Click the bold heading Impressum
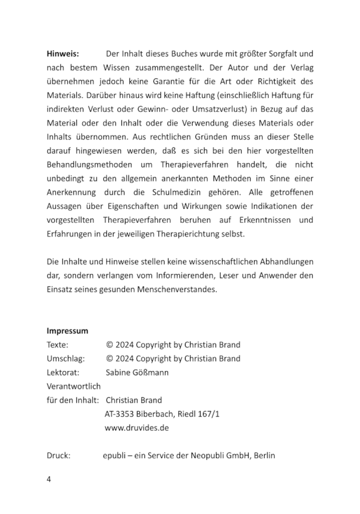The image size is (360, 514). point(67,330)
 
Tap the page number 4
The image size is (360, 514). point(48,479)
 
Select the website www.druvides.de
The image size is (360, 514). point(136,427)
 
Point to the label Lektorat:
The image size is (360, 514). point(63,372)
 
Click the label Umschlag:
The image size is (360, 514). point(65,358)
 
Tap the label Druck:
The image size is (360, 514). point(58,455)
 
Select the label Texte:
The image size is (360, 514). point(57,344)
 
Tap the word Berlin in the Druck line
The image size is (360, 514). point(264,455)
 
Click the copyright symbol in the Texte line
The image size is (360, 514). point(109,344)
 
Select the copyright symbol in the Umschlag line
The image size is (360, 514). point(109,358)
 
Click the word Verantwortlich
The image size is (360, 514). point(73,386)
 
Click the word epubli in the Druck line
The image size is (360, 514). point(114,455)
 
